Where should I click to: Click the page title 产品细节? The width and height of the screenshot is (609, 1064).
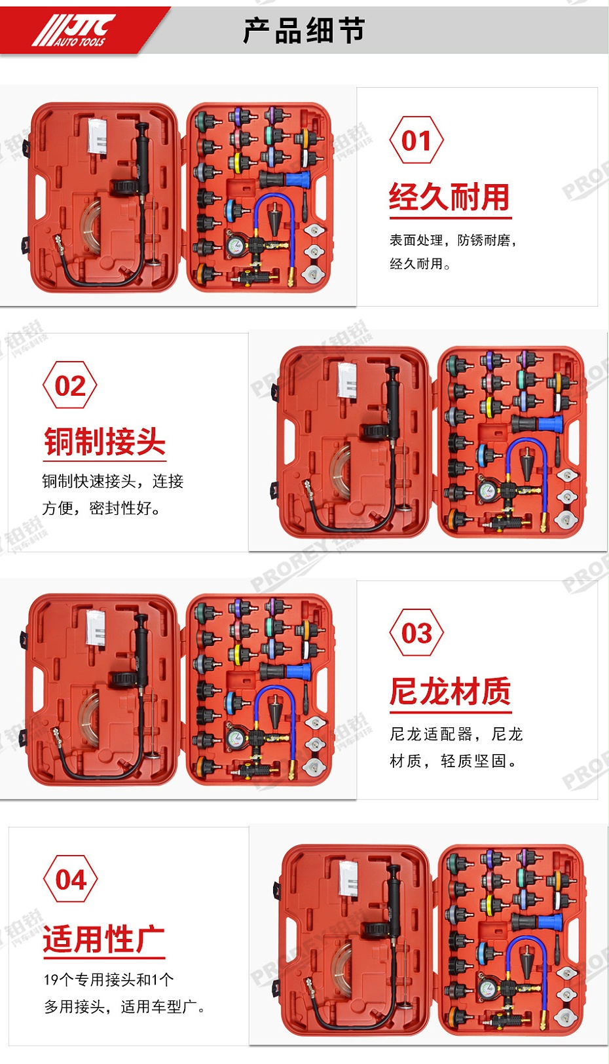[x=304, y=31]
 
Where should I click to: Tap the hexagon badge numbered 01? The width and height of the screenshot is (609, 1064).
[x=416, y=140]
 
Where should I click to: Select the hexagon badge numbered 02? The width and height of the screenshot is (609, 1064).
[x=70, y=385]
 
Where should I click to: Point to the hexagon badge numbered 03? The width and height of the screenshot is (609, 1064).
[x=416, y=633]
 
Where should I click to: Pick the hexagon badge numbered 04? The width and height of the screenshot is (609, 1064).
[x=71, y=879]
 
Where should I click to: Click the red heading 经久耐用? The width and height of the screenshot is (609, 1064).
[x=449, y=197]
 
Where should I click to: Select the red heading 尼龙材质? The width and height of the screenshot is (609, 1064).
[x=450, y=691]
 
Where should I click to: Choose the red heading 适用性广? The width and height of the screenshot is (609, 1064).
[x=103, y=939]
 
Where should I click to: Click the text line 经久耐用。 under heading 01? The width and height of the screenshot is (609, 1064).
[x=420, y=264]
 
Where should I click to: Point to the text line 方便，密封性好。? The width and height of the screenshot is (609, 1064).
[x=101, y=508]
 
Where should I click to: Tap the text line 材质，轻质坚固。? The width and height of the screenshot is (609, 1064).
[x=453, y=761]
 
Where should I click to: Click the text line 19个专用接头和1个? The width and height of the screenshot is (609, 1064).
[x=109, y=979]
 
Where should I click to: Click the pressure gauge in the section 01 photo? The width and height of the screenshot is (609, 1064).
[x=235, y=246]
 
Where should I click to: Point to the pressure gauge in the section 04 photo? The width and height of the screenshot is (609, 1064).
[x=486, y=989]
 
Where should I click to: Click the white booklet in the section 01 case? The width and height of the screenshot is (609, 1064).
[x=98, y=136]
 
